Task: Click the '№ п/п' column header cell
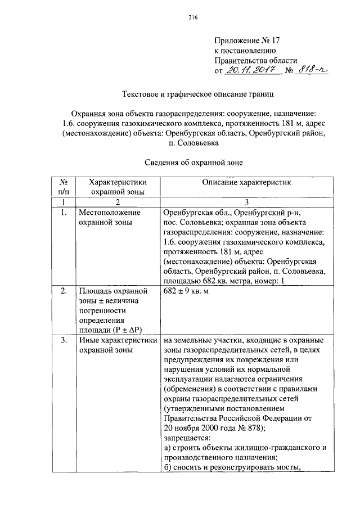[x=64, y=187]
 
